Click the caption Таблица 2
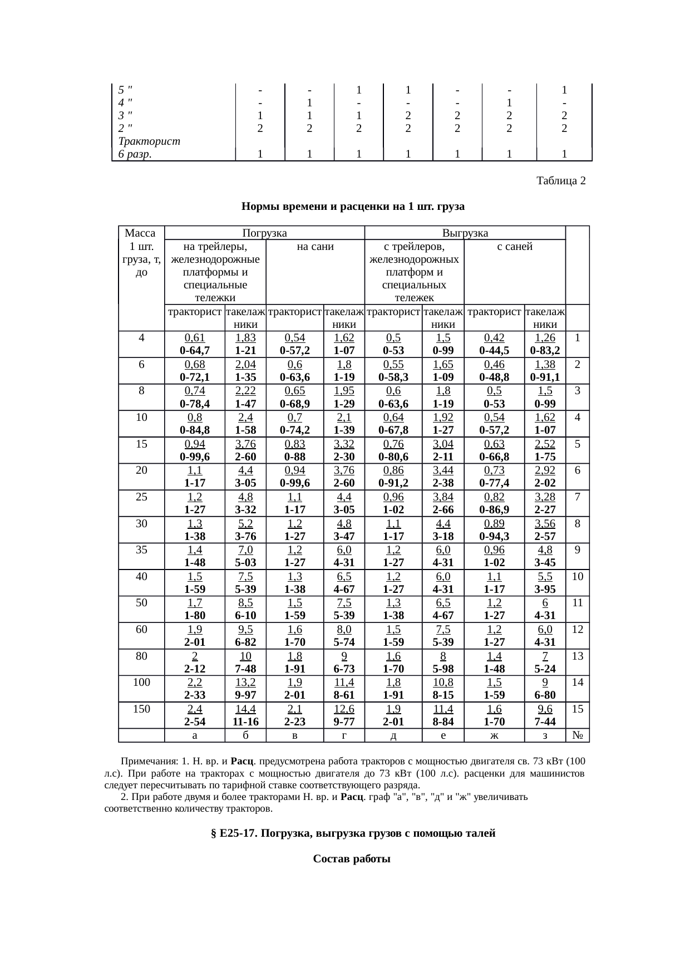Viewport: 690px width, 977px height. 560,181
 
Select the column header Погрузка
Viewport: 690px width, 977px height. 264,233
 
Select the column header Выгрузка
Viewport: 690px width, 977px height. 465,233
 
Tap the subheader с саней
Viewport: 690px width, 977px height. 514,247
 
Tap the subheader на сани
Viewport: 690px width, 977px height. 316,247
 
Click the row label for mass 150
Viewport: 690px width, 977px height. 141,709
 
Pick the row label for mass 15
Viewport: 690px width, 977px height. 141,444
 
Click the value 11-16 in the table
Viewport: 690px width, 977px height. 245,721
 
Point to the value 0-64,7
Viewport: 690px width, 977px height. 195,351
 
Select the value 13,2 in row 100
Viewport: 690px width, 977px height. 245,683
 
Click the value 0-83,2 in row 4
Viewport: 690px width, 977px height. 545,351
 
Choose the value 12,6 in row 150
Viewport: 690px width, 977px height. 344,709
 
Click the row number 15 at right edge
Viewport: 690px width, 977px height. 578,709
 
